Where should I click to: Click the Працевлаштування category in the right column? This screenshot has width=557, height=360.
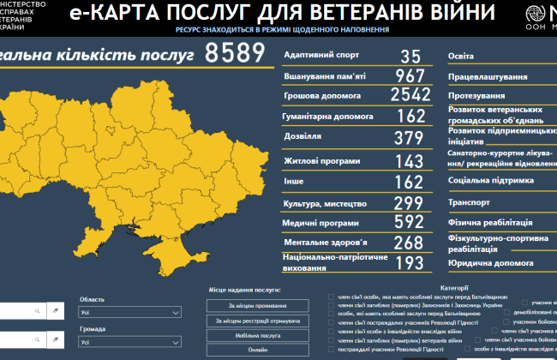487,77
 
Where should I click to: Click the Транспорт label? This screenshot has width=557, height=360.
469,202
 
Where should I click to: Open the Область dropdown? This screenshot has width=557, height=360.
129,315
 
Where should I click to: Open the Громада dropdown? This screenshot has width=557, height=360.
129,342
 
